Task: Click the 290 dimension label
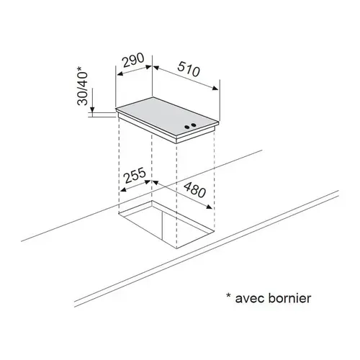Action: pos(133,60)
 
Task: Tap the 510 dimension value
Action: pos(189,69)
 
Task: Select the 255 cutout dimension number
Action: pos(135,175)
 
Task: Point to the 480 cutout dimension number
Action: pos(195,190)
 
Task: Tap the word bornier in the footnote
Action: pos(289,297)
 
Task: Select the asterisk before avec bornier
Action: pos(228,295)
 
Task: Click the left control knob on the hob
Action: pos(186,127)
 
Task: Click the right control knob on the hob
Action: pos(193,125)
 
